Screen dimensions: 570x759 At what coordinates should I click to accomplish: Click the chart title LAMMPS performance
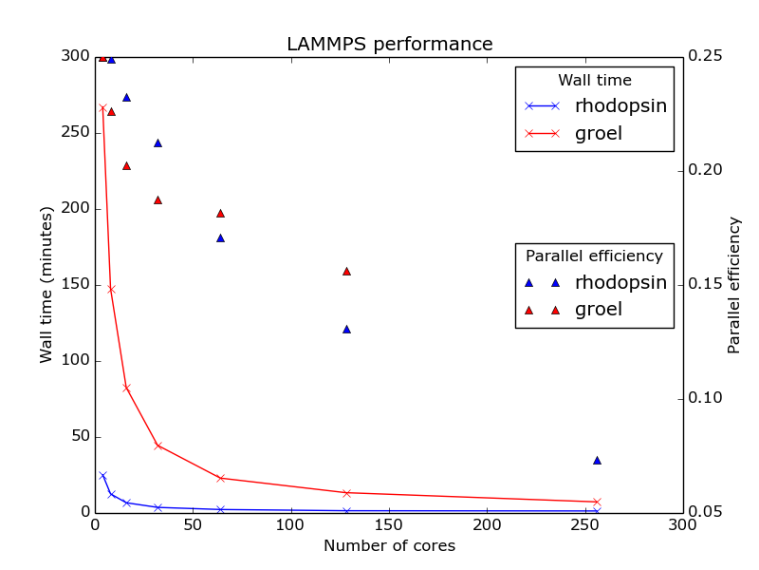tap(390, 45)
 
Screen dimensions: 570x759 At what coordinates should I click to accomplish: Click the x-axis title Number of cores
tap(389, 546)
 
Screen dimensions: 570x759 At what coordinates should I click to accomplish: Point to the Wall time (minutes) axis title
tap(46, 285)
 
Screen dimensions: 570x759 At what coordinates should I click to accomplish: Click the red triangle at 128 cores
tap(346, 271)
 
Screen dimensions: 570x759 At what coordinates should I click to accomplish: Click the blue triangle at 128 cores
tap(346, 329)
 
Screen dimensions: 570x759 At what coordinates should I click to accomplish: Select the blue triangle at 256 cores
tap(597, 460)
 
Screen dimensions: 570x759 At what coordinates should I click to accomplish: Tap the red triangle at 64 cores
tap(220, 213)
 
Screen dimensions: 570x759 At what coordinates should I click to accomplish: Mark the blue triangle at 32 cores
tap(157, 142)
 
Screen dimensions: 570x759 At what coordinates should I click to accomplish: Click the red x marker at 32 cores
tap(157, 446)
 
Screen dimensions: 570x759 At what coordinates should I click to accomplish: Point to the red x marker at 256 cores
tap(597, 502)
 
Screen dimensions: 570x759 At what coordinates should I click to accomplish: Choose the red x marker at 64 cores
tap(220, 478)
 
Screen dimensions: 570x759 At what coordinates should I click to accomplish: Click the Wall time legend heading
tap(594, 81)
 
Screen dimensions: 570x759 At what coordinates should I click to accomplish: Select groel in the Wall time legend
tap(598, 134)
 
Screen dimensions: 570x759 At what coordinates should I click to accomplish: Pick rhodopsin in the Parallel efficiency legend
tap(620, 282)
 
